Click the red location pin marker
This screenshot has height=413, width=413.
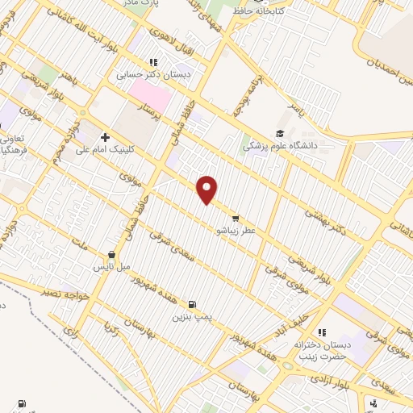[207, 190]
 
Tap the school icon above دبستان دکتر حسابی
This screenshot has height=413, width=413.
[153, 62]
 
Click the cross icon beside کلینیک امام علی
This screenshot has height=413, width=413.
[105, 138]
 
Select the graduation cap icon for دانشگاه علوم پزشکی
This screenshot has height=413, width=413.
[280, 134]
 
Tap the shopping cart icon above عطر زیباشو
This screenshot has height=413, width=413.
[235, 218]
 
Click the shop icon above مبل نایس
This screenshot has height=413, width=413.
[111, 254]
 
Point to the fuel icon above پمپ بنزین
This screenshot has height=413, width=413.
[191, 304]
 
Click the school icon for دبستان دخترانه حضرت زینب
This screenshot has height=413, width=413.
[321, 332]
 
